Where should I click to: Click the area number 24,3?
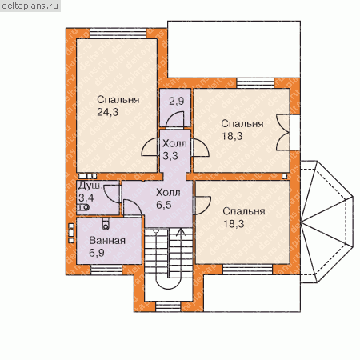(x=107, y=112)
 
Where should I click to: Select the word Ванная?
(x=107, y=240)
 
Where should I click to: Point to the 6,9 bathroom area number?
(x=97, y=253)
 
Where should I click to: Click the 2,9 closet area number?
(x=177, y=101)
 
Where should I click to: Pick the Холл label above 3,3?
(x=174, y=143)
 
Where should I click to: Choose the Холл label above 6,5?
(x=168, y=192)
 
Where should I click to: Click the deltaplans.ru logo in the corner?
(x=30, y=6)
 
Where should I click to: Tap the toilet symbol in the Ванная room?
(x=106, y=224)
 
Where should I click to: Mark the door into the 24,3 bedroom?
(x=150, y=146)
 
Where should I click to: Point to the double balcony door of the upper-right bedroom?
(x=282, y=133)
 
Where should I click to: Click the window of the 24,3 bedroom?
(x=118, y=34)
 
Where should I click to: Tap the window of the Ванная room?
(x=106, y=270)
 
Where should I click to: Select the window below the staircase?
(x=168, y=306)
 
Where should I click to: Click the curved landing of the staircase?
(x=169, y=284)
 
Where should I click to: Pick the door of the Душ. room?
(x=112, y=194)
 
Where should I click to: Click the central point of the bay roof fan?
(x=301, y=221)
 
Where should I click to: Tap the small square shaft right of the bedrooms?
(x=285, y=176)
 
